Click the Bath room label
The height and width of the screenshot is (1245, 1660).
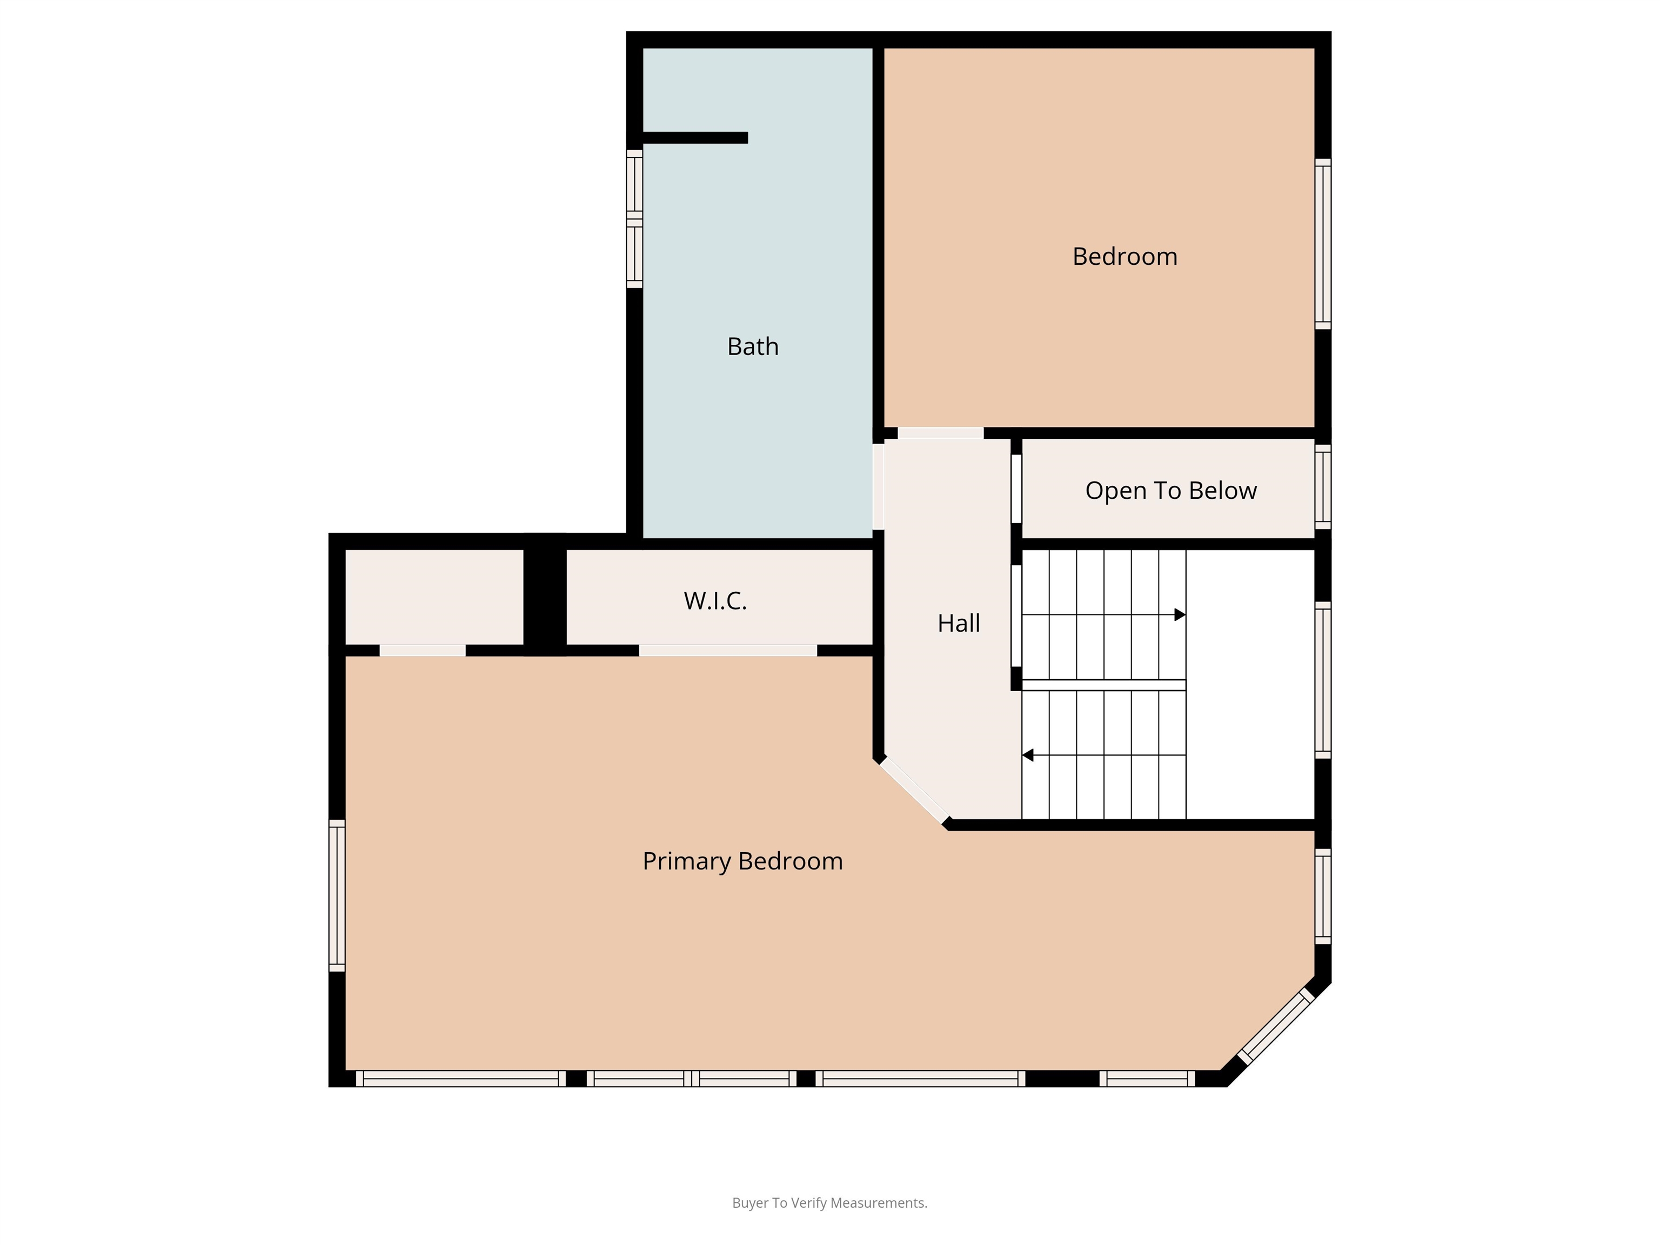[753, 347]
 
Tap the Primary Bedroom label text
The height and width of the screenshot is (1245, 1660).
[742, 861]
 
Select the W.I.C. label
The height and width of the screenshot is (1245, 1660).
[715, 601]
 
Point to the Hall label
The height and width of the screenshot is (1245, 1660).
[958, 623]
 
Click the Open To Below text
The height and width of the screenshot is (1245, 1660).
[1171, 491]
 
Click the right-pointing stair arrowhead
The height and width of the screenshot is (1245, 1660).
[1180, 614]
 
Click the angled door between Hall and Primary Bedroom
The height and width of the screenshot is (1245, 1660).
[914, 790]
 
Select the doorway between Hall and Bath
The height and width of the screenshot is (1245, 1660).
[878, 487]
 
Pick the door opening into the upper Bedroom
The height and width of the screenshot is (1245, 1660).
[940, 433]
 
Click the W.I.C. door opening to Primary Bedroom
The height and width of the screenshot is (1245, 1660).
[728, 651]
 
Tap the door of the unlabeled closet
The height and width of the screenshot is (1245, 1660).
[423, 651]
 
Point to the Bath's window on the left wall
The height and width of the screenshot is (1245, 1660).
[635, 218]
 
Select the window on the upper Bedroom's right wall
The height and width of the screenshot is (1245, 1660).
[1323, 244]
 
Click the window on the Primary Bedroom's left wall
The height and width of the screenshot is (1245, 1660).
[337, 895]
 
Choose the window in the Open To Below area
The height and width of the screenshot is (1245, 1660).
[1323, 487]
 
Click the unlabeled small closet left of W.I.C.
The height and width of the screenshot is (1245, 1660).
[434, 597]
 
